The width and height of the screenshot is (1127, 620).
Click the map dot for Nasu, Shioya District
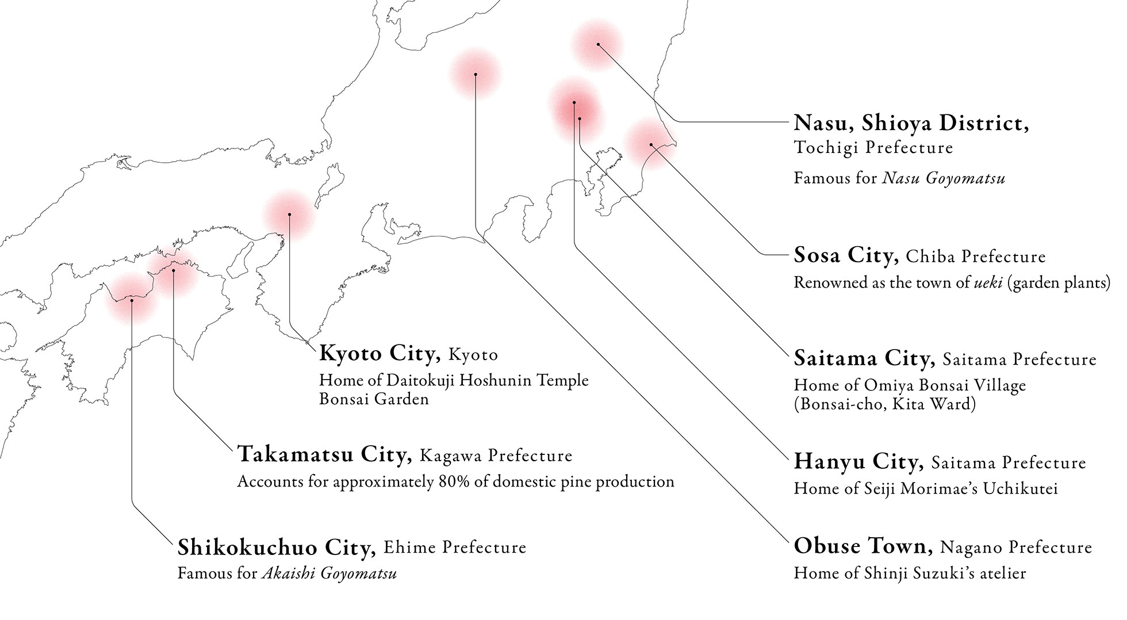point(598,44)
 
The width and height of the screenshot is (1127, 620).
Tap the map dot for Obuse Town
point(476,74)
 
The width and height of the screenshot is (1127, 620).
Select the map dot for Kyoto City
point(289,215)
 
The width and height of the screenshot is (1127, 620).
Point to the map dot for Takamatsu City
point(173,270)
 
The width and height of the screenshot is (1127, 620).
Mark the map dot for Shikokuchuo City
point(132,300)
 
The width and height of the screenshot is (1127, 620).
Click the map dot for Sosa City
point(651,144)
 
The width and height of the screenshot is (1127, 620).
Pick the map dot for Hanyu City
point(574,102)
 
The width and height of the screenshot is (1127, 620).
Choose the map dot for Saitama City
point(580,119)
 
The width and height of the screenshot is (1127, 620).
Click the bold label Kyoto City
point(379,353)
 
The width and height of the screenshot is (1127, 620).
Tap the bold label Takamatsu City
point(324,454)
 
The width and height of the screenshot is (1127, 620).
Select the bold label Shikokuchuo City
point(276,547)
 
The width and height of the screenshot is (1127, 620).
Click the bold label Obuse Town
point(862,546)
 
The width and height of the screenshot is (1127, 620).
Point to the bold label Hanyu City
point(858,461)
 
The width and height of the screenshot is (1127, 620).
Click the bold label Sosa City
point(846,255)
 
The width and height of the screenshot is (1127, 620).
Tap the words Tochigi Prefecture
point(873,148)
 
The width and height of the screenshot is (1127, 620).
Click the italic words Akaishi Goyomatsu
point(329,573)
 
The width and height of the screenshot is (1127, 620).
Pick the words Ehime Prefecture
point(454,547)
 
